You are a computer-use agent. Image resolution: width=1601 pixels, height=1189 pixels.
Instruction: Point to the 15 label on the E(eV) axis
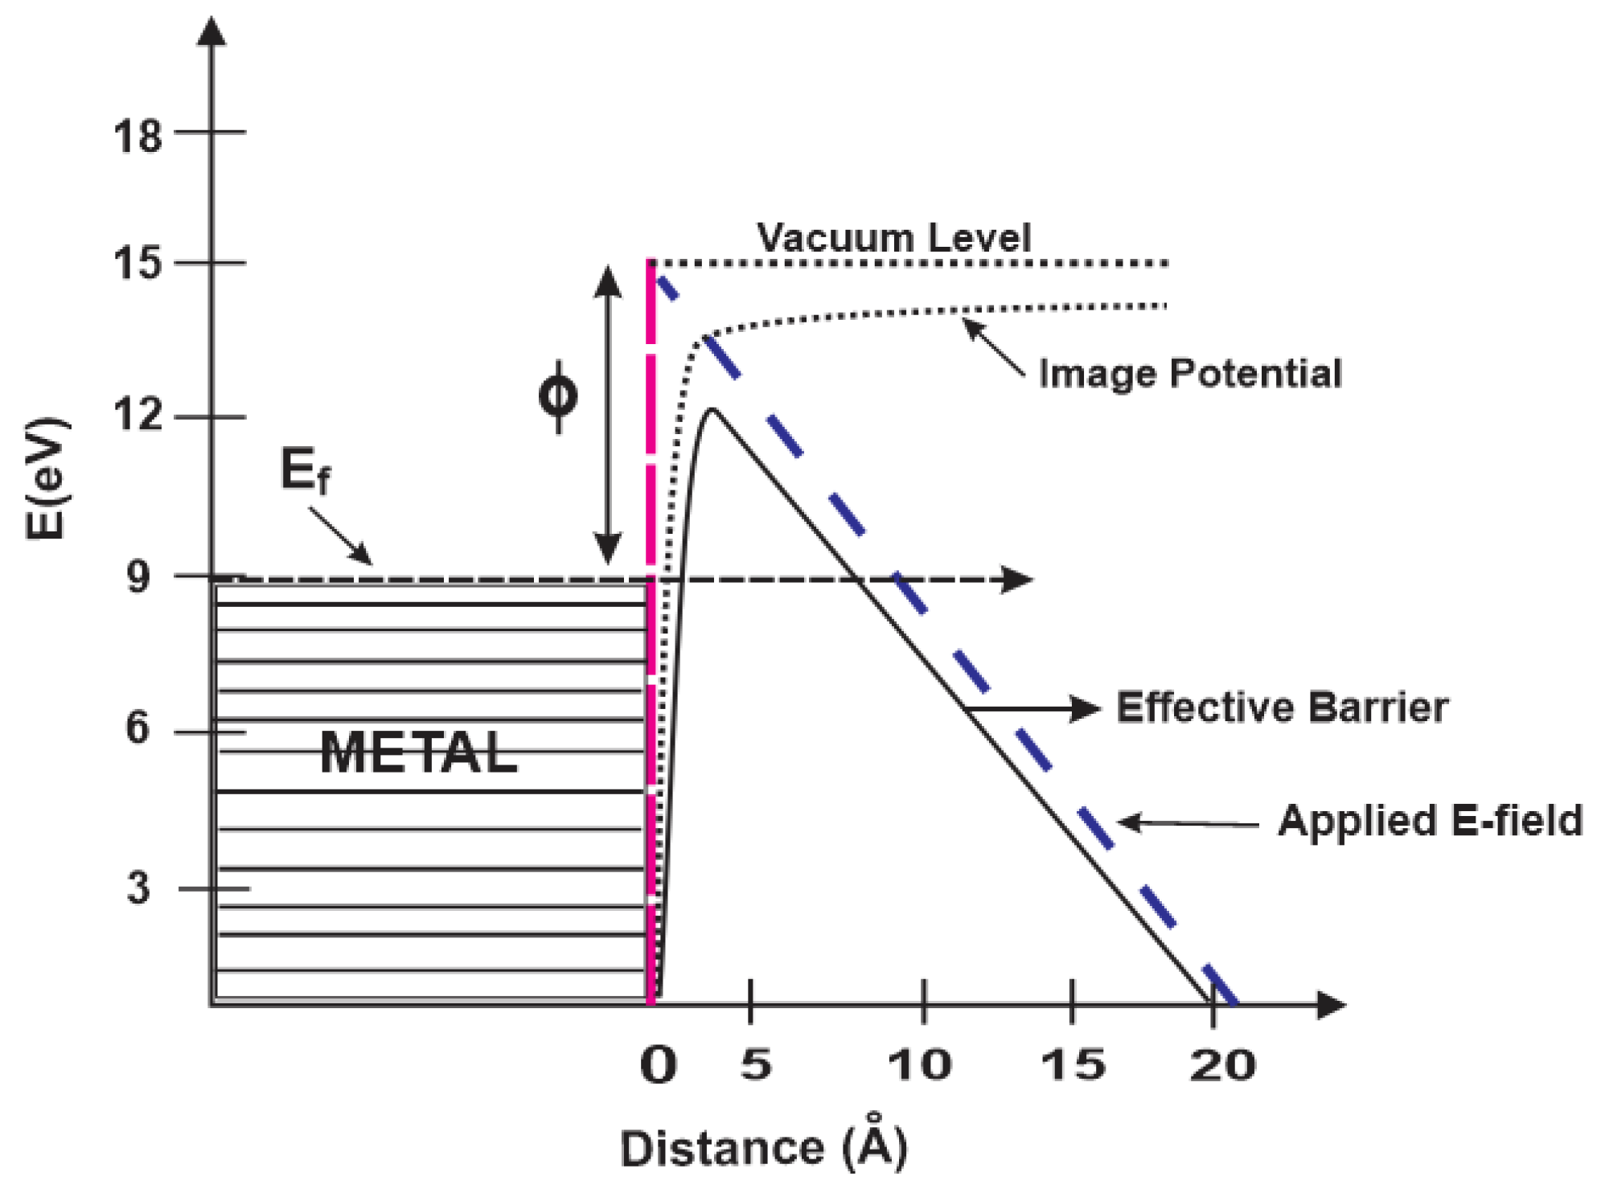138,264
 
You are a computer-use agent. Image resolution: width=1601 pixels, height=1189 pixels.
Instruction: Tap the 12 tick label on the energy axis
138,416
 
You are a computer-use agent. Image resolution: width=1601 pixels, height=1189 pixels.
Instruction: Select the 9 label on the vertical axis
138,576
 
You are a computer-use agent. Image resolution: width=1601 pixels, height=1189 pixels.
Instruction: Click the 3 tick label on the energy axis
138,888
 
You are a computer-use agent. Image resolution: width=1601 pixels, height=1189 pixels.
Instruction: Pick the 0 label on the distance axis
658,1066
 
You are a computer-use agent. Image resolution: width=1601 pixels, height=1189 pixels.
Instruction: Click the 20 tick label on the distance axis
1222,1066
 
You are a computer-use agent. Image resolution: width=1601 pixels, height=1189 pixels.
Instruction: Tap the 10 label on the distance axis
919,1066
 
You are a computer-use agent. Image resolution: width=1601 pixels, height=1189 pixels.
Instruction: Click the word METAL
418,753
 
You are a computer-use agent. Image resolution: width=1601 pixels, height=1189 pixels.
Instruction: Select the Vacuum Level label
893,238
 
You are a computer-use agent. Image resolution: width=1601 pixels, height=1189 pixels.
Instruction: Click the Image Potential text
1190,374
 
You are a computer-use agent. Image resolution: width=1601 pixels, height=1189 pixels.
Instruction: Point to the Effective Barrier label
1282,708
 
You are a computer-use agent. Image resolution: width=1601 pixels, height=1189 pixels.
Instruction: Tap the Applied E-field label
1430,822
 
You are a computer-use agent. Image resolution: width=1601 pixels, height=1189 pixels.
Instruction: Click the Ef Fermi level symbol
304,470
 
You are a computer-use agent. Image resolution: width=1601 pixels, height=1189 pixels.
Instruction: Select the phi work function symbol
557,396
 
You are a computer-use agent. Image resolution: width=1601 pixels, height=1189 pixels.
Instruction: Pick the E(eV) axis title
46,478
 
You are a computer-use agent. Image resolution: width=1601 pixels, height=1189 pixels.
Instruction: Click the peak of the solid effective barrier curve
712,411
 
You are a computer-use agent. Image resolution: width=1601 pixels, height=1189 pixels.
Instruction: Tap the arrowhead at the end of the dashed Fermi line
1018,579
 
